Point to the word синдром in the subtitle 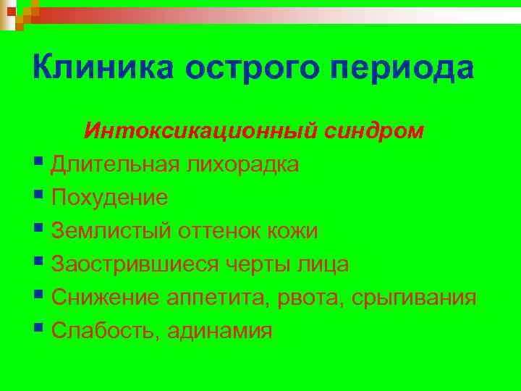point(377,131)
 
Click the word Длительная point(116,164)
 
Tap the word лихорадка point(242,164)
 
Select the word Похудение point(109,198)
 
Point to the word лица point(323,265)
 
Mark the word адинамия point(220,332)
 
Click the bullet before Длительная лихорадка point(38,163)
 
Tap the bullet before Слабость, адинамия point(38,329)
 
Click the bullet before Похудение point(38,196)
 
